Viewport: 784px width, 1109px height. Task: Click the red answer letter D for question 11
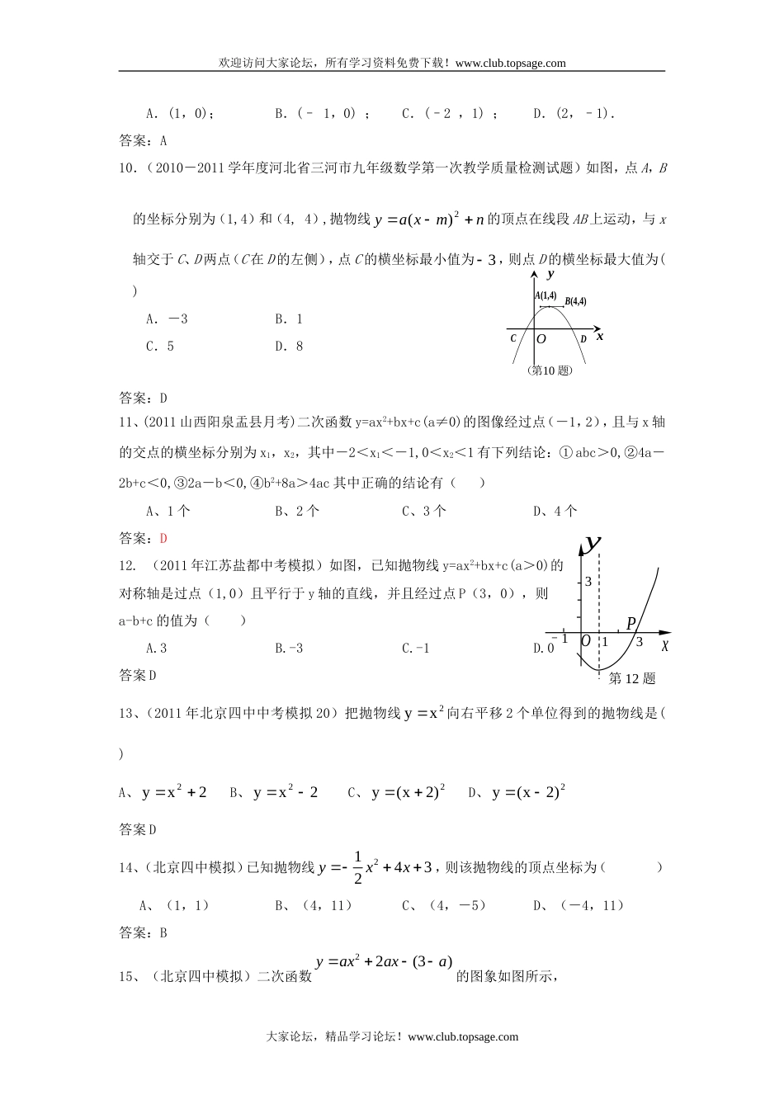(163, 538)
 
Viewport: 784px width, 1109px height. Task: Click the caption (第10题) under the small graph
(549, 370)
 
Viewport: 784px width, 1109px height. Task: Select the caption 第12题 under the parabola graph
(631, 678)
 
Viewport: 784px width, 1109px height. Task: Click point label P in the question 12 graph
(631, 623)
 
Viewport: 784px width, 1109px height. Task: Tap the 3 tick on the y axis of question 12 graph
(588, 582)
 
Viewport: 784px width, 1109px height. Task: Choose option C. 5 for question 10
(160, 347)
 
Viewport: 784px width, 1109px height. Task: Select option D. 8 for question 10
(289, 347)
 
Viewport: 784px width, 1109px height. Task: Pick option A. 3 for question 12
(157, 649)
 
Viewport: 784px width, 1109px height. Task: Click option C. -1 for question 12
(416, 649)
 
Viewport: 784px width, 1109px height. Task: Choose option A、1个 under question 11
(168, 511)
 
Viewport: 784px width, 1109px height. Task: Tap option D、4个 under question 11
(555, 511)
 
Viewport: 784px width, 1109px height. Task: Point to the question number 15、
(130, 977)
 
